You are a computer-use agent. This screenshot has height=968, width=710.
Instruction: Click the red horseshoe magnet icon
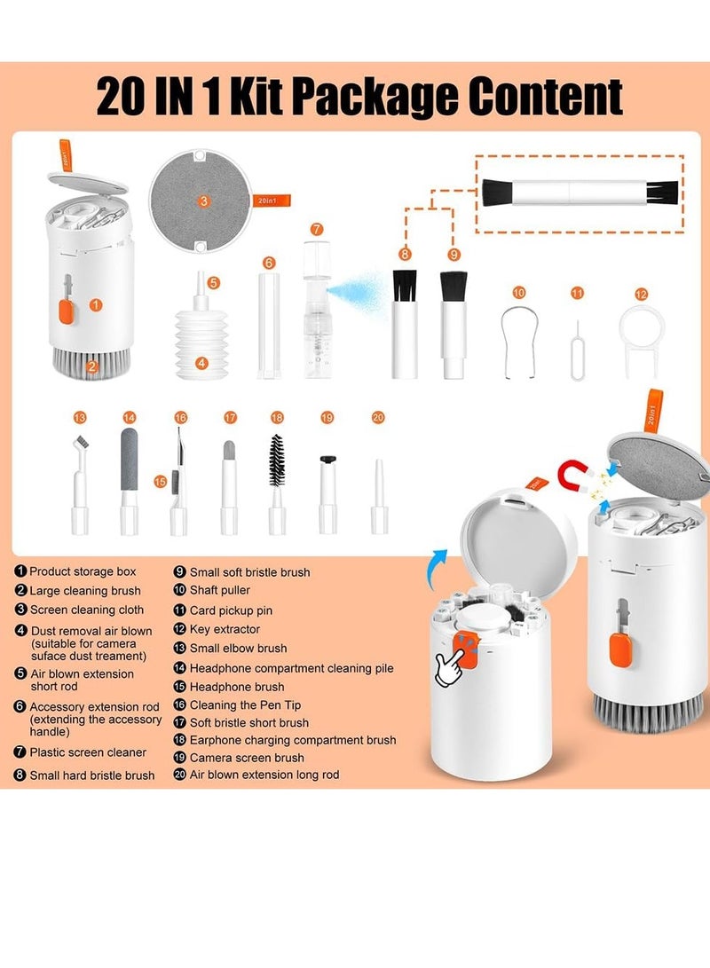coord(576,477)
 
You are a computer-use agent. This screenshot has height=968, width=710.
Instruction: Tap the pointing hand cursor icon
coord(453,664)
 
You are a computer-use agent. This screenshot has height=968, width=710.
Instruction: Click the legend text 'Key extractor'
coord(225,629)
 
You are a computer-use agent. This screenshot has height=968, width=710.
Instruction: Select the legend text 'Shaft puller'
coord(220,591)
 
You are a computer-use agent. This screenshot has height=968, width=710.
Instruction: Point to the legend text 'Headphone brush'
coord(237,687)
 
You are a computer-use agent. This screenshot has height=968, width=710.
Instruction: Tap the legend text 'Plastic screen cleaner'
coord(88,752)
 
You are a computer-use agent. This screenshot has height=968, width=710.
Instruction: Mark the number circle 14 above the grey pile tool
coord(129,417)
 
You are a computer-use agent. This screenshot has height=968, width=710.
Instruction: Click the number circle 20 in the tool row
coord(379,417)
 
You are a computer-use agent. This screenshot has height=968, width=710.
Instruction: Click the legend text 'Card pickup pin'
coord(231,610)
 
